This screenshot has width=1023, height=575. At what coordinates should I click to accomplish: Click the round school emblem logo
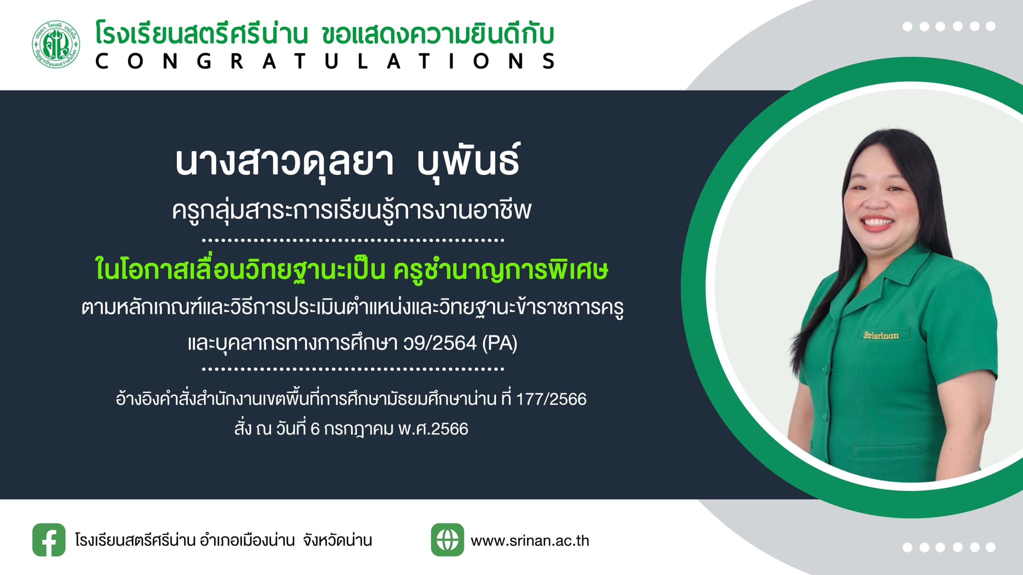56,44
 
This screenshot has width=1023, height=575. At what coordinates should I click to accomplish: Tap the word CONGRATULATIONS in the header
325,61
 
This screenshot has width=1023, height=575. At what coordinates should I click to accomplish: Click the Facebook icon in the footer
49,540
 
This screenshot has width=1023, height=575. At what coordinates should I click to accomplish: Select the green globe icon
447,540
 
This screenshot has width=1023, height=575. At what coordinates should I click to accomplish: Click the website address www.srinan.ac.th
530,541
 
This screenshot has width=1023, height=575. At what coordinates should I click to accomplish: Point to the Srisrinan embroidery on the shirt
881,335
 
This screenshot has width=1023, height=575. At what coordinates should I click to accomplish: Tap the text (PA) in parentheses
500,343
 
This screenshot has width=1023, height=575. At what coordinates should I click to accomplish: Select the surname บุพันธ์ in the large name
469,161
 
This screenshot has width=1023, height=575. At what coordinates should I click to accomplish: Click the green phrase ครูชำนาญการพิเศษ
501,270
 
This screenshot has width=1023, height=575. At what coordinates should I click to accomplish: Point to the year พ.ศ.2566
433,429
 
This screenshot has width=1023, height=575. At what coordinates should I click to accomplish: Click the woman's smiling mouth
878,223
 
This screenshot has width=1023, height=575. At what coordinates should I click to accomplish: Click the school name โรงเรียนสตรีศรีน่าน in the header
201,35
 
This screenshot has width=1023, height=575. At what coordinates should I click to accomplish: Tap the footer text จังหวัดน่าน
337,540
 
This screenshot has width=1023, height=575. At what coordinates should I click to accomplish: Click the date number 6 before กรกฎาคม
315,429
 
